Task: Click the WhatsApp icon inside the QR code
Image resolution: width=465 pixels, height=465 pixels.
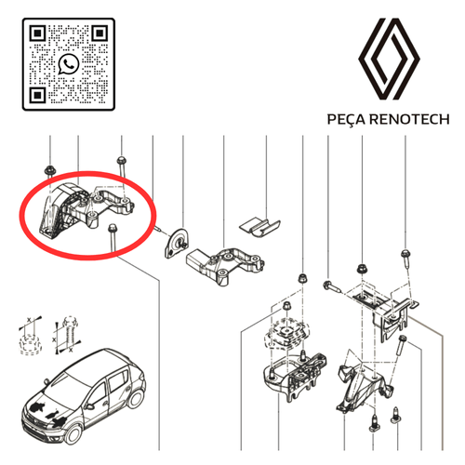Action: tap(69, 64)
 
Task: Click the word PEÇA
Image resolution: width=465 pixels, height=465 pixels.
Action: tap(347, 119)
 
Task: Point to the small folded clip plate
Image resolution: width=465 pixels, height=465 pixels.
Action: tap(259, 227)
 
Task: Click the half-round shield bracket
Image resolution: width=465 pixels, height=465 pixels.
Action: tap(176, 244)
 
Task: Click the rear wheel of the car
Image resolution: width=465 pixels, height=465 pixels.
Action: tap(137, 398)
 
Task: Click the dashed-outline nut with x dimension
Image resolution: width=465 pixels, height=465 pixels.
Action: tap(31, 343)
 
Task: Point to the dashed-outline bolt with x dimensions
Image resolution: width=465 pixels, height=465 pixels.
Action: tap(71, 332)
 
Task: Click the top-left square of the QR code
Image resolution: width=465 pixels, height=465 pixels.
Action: tap(37, 33)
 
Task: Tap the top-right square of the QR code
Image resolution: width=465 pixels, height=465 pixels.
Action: tap(100, 33)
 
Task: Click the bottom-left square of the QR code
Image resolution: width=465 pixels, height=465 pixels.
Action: tap(37, 95)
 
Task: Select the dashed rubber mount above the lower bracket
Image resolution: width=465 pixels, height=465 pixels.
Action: tap(286, 334)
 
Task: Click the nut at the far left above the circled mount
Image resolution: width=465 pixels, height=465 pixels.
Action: tap(49, 170)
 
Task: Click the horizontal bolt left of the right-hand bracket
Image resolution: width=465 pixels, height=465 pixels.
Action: tap(332, 286)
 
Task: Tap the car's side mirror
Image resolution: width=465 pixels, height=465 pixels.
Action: tap(90, 406)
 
